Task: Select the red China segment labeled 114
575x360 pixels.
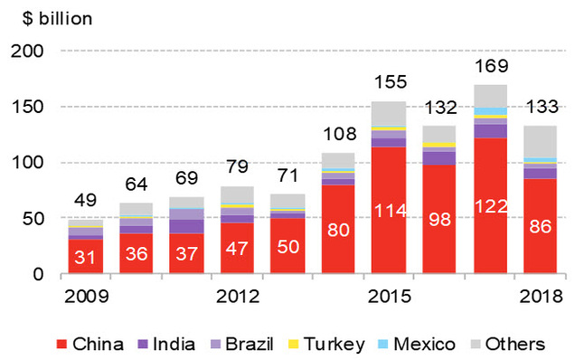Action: click(x=388, y=210)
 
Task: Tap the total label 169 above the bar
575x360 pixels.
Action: click(x=488, y=66)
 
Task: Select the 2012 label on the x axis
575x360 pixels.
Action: click(x=238, y=296)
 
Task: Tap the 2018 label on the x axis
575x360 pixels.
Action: click(x=539, y=296)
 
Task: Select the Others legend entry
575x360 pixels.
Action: click(x=511, y=344)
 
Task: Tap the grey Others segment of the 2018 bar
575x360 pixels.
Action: click(x=539, y=141)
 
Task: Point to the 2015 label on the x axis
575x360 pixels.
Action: click(x=388, y=296)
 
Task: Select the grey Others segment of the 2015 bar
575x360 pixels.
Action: click(x=388, y=114)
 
